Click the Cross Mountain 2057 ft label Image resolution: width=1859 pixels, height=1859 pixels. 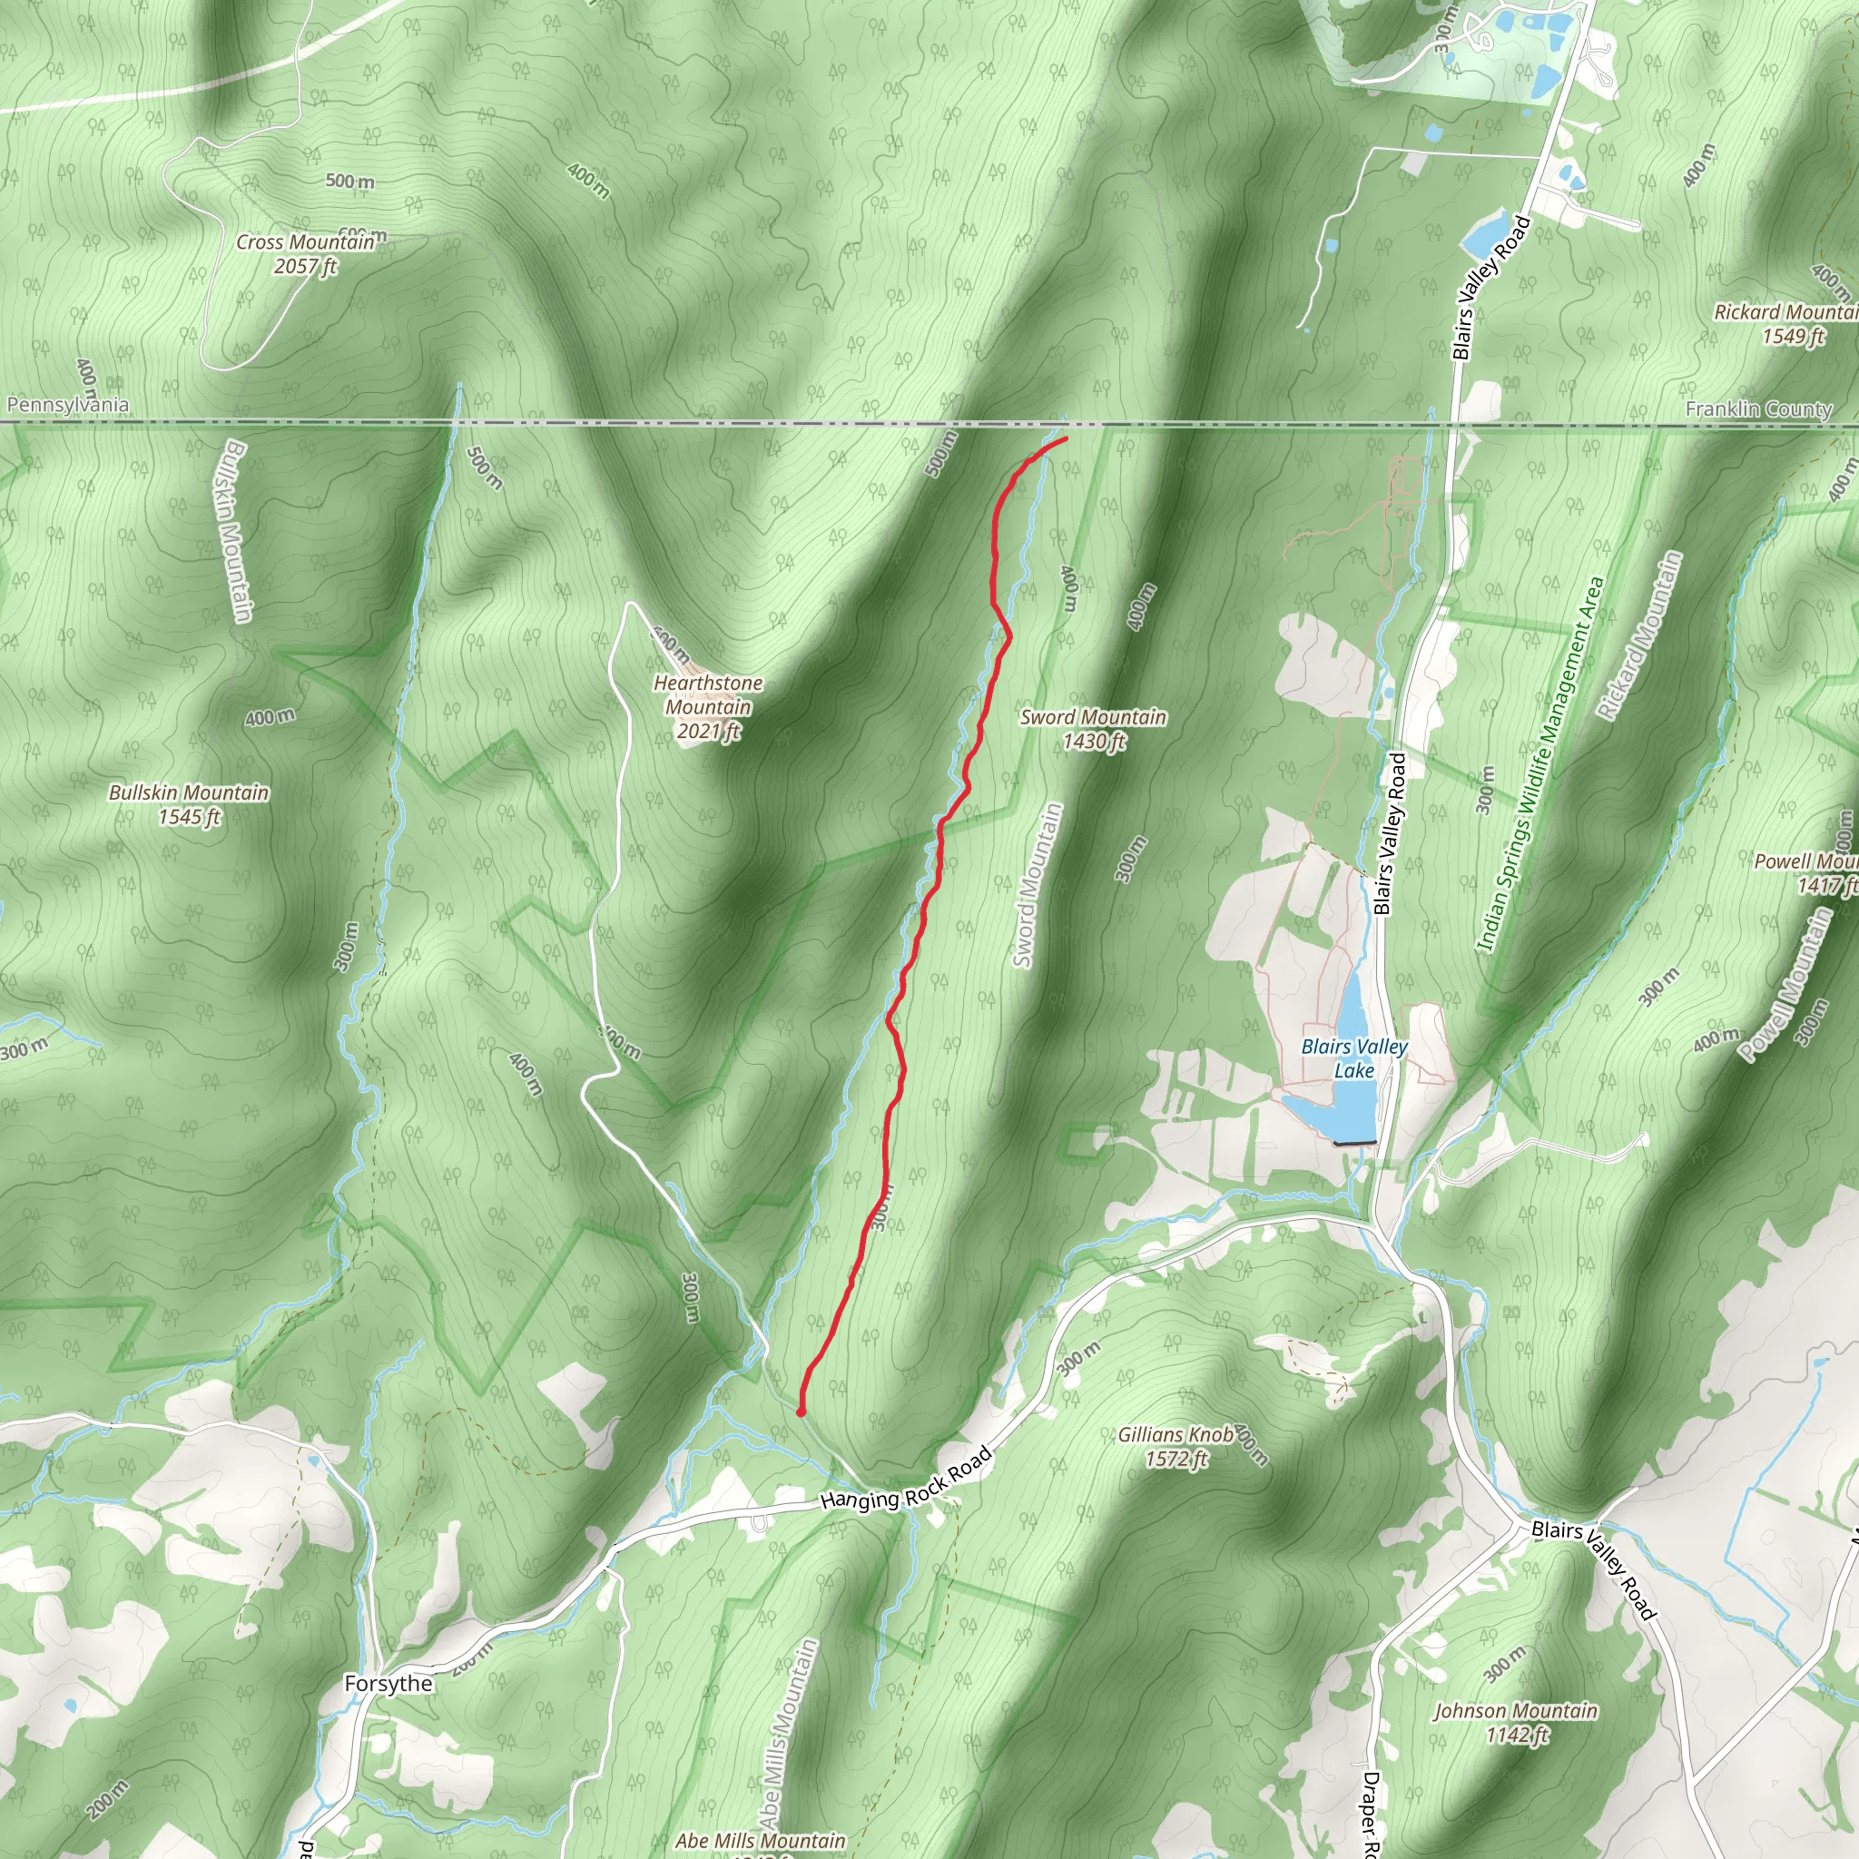click(305, 254)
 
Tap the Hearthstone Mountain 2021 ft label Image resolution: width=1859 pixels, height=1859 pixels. click(708, 707)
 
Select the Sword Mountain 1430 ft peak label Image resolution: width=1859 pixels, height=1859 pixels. click(1093, 728)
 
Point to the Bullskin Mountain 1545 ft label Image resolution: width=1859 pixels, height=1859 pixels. click(189, 804)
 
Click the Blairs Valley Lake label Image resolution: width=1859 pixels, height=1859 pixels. click(1352, 1058)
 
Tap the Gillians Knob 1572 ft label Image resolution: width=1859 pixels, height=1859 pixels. click(1175, 1446)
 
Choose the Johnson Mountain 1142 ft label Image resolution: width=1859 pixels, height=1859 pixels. click(1516, 1722)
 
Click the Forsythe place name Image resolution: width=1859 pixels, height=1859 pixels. click(389, 1683)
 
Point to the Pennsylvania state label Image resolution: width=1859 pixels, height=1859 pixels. click(67, 405)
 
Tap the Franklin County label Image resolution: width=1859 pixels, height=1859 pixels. click(1758, 409)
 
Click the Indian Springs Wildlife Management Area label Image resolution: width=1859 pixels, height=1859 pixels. click(1540, 764)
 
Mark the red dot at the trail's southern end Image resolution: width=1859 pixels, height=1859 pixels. click(801, 1412)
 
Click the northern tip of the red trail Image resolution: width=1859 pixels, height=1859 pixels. click(1067, 438)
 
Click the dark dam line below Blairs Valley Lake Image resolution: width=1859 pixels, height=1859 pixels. click(1355, 1143)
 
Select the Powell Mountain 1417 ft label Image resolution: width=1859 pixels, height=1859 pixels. click(1809, 872)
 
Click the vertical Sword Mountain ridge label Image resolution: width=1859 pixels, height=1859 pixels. click(1037, 885)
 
